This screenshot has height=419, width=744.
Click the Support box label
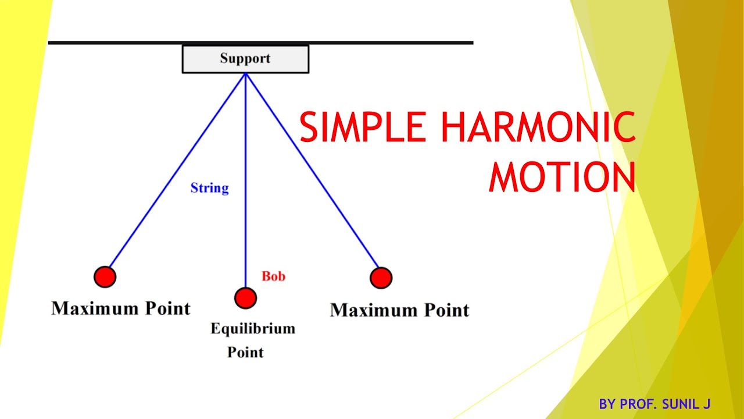click(x=245, y=59)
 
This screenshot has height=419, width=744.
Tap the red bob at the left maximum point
click(x=105, y=277)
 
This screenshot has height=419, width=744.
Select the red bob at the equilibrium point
click(x=245, y=298)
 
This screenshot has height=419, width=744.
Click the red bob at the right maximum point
click(x=381, y=278)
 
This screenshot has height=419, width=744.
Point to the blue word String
click(x=210, y=188)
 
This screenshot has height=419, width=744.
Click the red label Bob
click(x=273, y=276)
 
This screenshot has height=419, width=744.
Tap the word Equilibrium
click(x=253, y=329)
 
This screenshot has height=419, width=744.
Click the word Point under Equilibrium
click(x=245, y=352)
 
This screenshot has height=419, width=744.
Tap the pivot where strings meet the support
click(x=245, y=73)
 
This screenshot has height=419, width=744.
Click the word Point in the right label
click(x=446, y=310)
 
